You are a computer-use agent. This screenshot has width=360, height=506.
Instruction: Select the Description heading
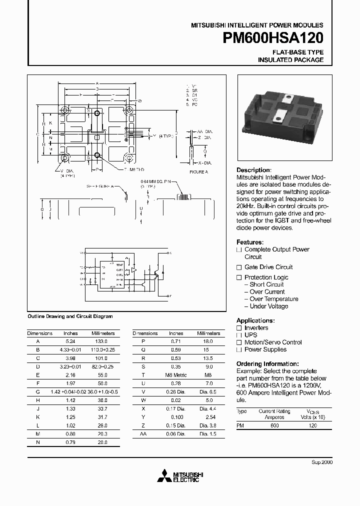[x=253, y=170]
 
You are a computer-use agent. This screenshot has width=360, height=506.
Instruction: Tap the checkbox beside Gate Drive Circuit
[x=239, y=267]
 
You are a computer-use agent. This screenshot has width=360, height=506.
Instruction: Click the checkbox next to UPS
[x=239, y=335]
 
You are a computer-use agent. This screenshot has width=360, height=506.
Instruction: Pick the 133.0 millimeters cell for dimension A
[x=102, y=341]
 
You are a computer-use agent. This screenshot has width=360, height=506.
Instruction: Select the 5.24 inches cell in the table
[x=70, y=341]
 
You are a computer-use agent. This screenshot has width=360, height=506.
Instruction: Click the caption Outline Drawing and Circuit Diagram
[x=70, y=316]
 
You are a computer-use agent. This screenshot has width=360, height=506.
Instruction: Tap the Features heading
[x=249, y=242]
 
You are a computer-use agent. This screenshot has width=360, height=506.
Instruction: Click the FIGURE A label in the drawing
[x=198, y=172]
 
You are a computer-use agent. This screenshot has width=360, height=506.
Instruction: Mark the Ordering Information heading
[x=267, y=363]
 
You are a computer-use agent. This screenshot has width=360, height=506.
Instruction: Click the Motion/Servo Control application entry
[x=273, y=342]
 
